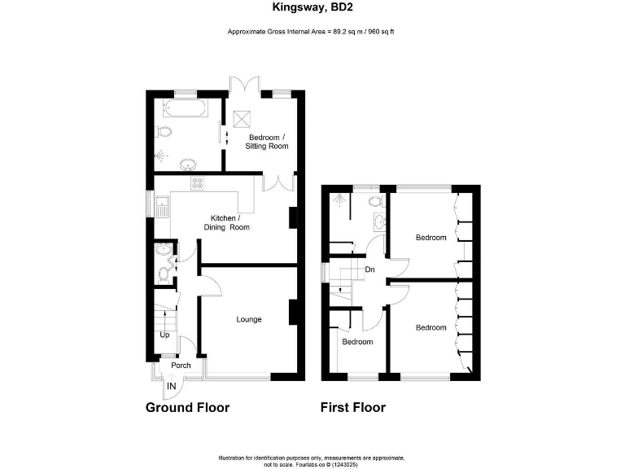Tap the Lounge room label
pos(249,319)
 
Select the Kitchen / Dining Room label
pos(230,223)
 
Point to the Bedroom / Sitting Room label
pos(268,142)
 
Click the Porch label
pos(181,366)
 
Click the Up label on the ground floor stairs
pos(164,335)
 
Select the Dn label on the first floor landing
pos(369,270)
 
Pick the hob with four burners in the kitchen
pos(197,183)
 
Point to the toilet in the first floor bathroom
pos(375,199)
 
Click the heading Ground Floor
pos(187,407)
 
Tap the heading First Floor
pos(353,407)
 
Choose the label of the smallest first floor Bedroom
pos(356,342)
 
